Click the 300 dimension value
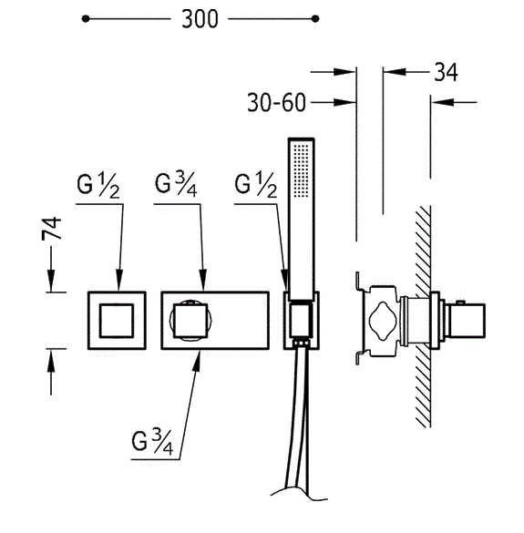pos(200,19)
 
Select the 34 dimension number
pos(446,72)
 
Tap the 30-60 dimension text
pos(276,102)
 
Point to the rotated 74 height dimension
pos(52,229)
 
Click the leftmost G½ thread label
pos(98,186)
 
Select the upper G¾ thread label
pos(176,185)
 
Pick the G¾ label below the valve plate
pos(152,442)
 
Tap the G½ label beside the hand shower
pos(256,186)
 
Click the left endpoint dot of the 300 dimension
pos(86,19)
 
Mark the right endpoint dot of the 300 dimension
pos(315,19)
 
